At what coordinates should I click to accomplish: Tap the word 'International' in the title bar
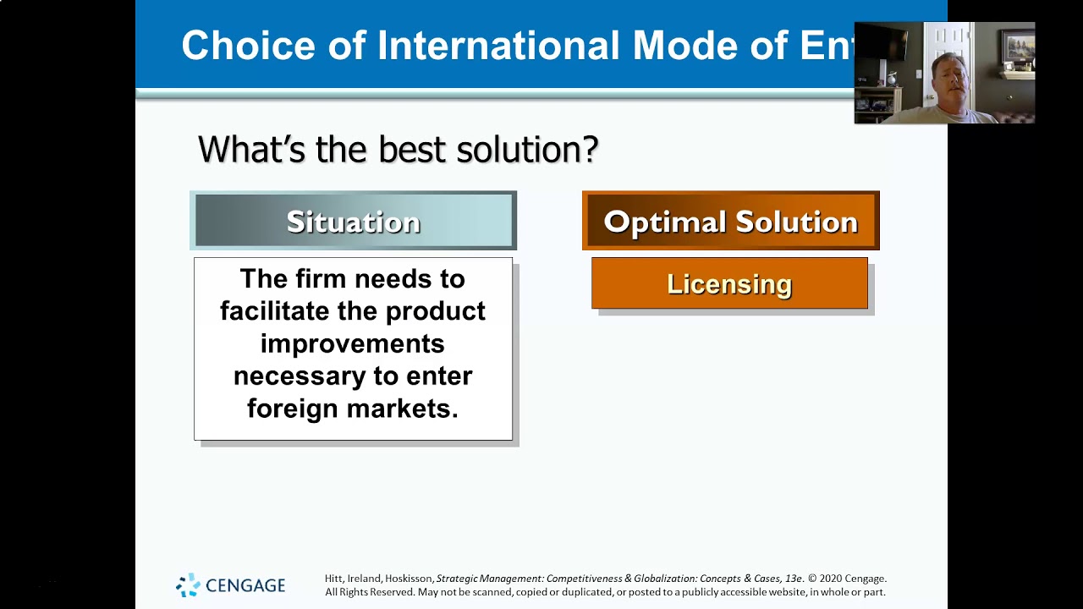(498, 46)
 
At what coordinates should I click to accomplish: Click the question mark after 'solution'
(591, 150)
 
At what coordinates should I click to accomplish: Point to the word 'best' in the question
(412, 150)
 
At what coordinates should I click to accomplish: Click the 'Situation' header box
(353, 221)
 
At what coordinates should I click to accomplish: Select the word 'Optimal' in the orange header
(664, 222)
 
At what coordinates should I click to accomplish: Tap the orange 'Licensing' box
(729, 284)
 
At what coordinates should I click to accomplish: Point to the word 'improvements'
(353, 343)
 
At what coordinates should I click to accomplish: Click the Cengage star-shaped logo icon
(188, 584)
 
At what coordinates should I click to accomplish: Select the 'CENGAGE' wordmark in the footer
(246, 585)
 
